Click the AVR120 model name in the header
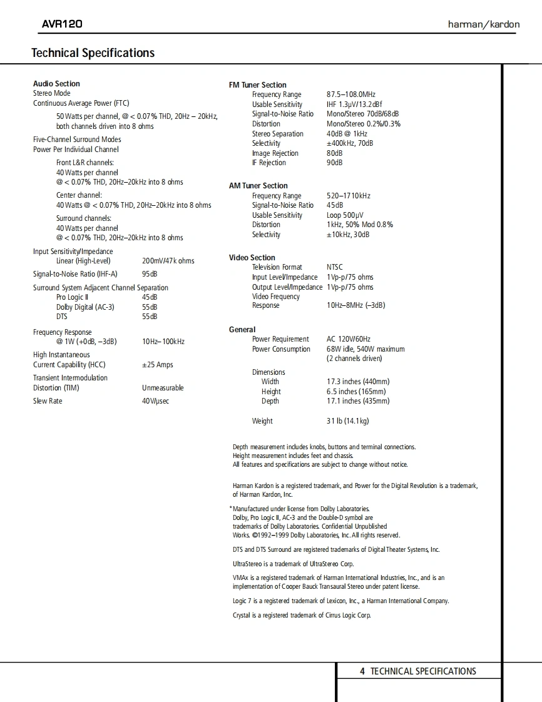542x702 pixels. (x=62, y=24)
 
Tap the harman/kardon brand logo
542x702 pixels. (x=483, y=24)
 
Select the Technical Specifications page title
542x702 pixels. (x=93, y=53)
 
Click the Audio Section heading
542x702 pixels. (x=56, y=84)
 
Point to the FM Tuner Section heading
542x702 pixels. (x=257, y=85)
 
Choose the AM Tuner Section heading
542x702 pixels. (x=258, y=186)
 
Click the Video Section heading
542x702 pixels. (x=252, y=258)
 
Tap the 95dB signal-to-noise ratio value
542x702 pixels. (x=150, y=274)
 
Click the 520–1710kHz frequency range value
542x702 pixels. (x=349, y=196)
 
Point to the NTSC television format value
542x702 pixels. (x=335, y=267)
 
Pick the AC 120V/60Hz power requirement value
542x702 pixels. (x=349, y=339)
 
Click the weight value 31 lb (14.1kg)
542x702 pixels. (x=347, y=421)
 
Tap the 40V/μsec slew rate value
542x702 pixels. (x=155, y=401)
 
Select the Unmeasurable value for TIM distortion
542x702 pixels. (x=163, y=388)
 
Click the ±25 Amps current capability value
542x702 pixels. (x=157, y=365)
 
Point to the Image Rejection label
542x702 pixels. (x=275, y=153)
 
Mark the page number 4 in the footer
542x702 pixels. (x=362, y=671)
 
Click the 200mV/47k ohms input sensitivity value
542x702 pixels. (x=168, y=261)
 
